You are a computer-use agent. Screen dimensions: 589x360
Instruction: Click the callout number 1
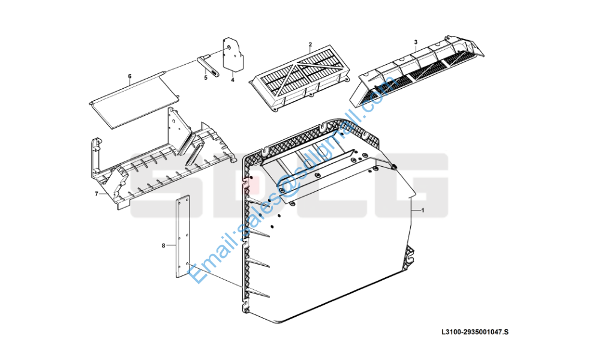tap(423, 211)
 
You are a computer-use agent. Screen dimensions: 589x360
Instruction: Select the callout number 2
tap(310, 45)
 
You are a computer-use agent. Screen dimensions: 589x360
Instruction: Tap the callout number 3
tap(416, 42)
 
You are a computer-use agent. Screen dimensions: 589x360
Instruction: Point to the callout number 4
tap(233, 80)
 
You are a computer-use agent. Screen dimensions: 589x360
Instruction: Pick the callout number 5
tap(206, 77)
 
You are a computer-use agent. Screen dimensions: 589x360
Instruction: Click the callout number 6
tap(130, 76)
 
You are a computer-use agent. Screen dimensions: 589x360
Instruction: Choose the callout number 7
tap(97, 194)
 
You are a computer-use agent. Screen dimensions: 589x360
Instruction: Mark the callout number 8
tap(163, 245)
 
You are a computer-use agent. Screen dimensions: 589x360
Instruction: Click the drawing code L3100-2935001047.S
tap(475, 332)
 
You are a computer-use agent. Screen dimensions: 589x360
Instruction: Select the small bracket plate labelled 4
tap(233, 55)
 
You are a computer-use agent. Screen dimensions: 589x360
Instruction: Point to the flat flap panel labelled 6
tap(134, 100)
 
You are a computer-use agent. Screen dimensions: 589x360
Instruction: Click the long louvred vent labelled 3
tap(417, 71)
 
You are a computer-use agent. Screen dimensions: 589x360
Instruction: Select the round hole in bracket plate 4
tap(229, 48)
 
